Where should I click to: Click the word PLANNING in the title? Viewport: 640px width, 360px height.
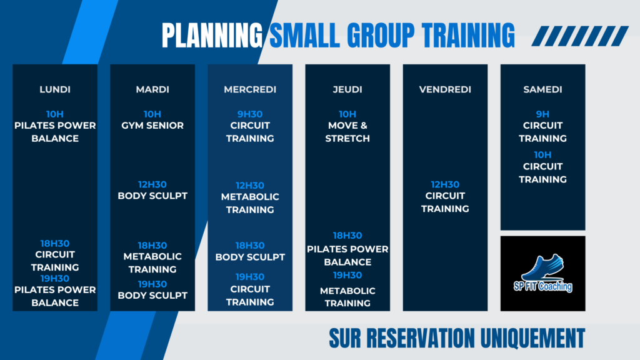(x=212, y=36)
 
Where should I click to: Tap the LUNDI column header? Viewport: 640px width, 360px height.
(x=55, y=89)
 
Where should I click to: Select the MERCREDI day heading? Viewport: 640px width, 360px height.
(x=250, y=89)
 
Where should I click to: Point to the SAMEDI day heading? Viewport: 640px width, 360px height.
(x=543, y=89)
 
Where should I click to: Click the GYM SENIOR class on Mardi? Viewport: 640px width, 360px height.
(x=152, y=125)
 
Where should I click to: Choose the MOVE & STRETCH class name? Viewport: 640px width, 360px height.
(x=347, y=132)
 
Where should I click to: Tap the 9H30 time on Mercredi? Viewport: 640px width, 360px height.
(x=250, y=114)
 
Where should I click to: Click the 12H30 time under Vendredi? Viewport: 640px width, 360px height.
(x=445, y=184)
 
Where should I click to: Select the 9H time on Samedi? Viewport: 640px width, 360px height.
(x=543, y=114)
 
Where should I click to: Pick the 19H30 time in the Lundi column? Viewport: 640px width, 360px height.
(x=55, y=278)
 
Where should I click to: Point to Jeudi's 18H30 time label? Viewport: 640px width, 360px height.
(x=347, y=236)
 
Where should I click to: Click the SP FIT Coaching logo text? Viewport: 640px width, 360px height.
(x=543, y=286)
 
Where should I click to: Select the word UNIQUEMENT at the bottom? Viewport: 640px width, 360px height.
(x=532, y=338)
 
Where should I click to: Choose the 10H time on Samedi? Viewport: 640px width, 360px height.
(x=543, y=155)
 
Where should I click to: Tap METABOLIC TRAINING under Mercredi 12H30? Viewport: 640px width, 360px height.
(x=250, y=203)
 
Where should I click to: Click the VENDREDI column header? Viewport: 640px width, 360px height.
(x=445, y=89)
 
